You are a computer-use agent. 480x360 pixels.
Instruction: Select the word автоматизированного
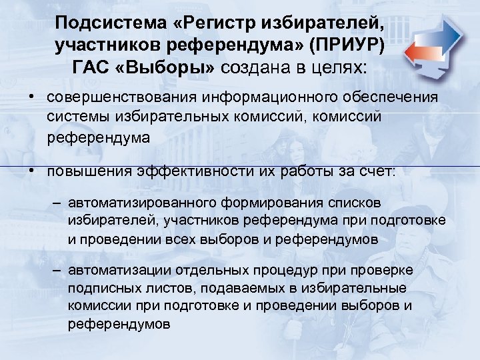pos(136,203)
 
